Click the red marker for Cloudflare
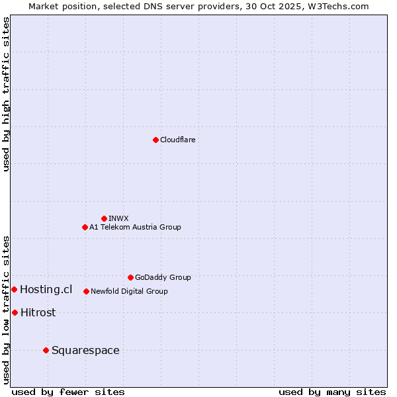[x=155, y=140]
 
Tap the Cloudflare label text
[x=177, y=140]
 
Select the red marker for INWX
[x=104, y=218]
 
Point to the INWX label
[x=118, y=218]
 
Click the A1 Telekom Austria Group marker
[x=85, y=227]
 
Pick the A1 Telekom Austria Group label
[x=135, y=227]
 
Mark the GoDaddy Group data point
[x=130, y=277]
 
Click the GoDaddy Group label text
[x=163, y=277]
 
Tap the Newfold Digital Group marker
[x=86, y=291]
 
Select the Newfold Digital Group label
[x=129, y=291]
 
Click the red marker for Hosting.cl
[x=14, y=289]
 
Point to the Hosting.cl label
[x=46, y=289]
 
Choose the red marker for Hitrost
[x=15, y=312]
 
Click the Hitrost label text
[x=38, y=312]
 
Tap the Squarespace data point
[x=46, y=350]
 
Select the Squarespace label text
[x=85, y=350]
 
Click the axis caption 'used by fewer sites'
[x=68, y=392]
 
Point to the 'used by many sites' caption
[x=332, y=392]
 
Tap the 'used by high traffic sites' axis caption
[x=6, y=94]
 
